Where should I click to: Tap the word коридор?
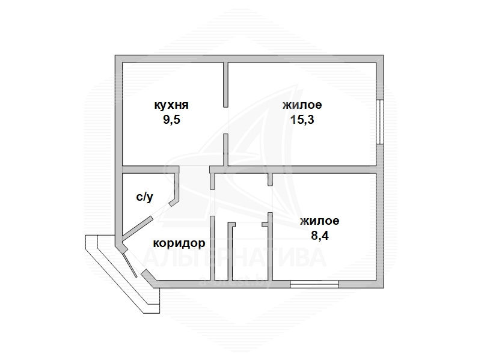tap(179, 243)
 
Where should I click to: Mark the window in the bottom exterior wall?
tap(313, 284)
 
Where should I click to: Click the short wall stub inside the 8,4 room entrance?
tap(270, 180)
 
